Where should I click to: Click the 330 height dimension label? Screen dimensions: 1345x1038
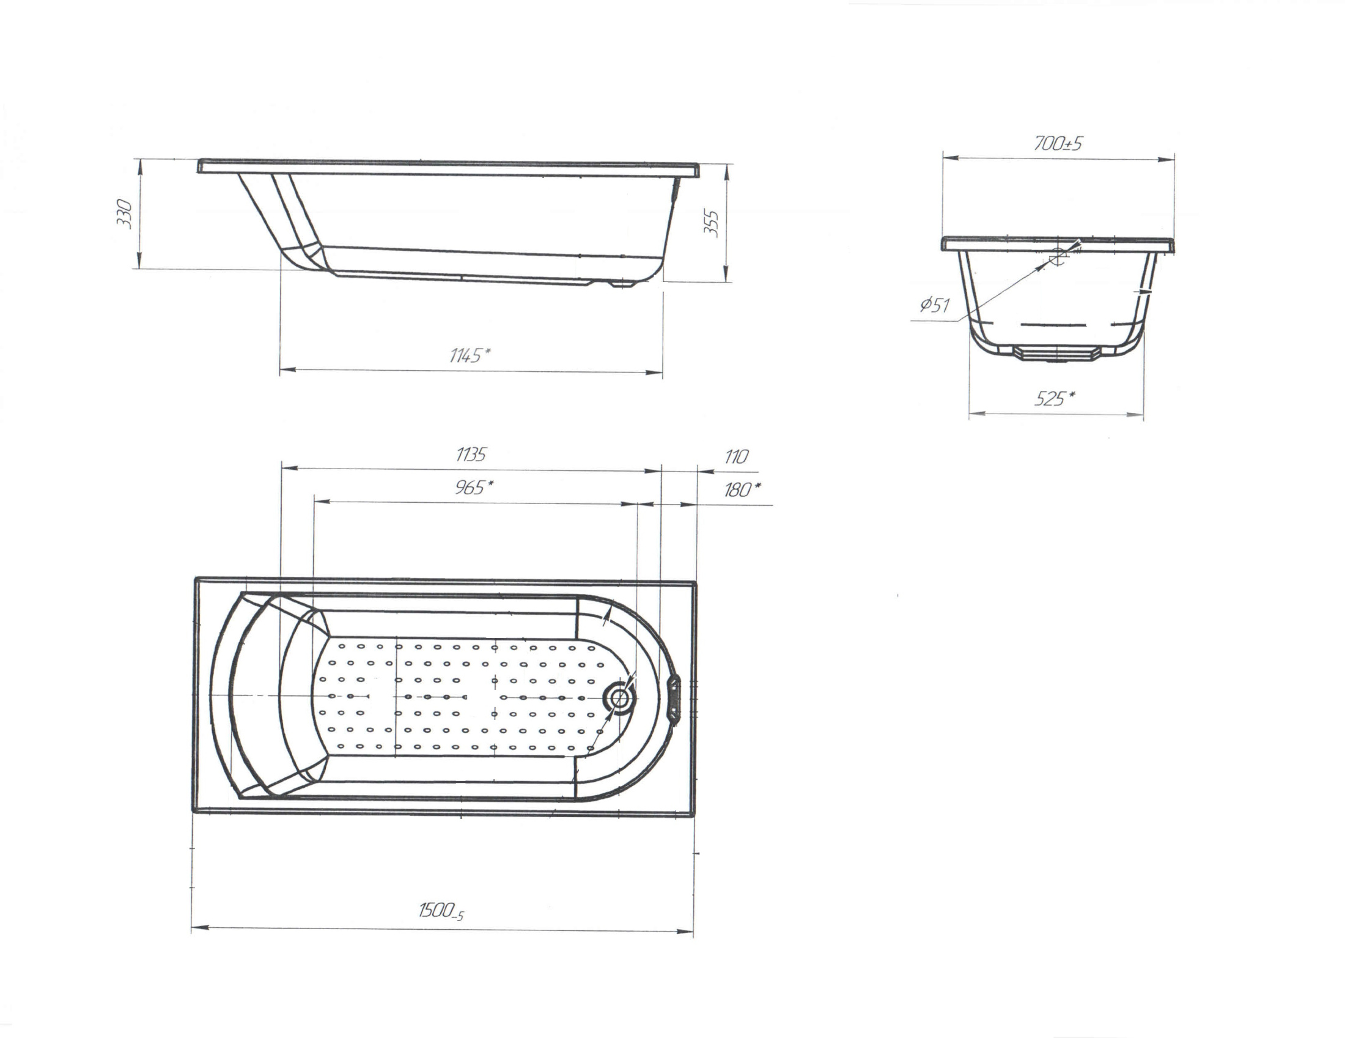pyautogui.click(x=125, y=213)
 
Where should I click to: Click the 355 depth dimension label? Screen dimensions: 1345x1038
pyautogui.click(x=711, y=223)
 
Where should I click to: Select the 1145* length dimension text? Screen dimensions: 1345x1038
pyautogui.click(x=470, y=355)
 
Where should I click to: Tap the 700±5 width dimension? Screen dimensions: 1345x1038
pyautogui.click(x=1058, y=144)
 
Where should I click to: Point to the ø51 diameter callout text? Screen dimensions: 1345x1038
pyautogui.click(x=935, y=305)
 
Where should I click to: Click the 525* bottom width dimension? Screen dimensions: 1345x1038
pyautogui.click(x=1055, y=399)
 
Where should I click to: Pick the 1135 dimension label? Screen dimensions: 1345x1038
pyautogui.click(x=471, y=454)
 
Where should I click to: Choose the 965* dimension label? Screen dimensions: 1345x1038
pyautogui.click(x=474, y=487)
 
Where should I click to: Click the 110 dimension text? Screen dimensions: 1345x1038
pyautogui.click(x=737, y=456)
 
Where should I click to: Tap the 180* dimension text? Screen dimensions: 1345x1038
pyautogui.click(x=742, y=490)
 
